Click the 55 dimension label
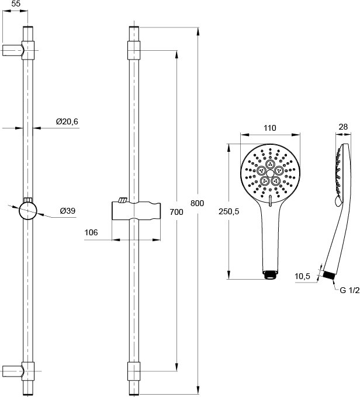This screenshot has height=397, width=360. pyautogui.click(x=16, y=4)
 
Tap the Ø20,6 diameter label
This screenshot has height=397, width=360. pyautogui.click(x=67, y=122)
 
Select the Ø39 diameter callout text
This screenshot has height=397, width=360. pyautogui.click(x=68, y=211)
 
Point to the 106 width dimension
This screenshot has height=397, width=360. pyautogui.click(x=91, y=232)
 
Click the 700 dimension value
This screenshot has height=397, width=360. pyautogui.click(x=176, y=212)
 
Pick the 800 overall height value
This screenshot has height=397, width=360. pyautogui.click(x=197, y=203)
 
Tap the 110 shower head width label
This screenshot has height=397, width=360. pyautogui.click(x=270, y=128)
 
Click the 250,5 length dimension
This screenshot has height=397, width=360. pyautogui.click(x=229, y=211)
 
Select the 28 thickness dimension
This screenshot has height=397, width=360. pyautogui.click(x=343, y=127)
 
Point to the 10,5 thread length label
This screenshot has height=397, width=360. pyautogui.click(x=303, y=276)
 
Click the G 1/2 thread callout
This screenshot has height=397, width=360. pyautogui.click(x=349, y=290)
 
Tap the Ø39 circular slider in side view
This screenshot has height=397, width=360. pyautogui.click(x=28, y=211)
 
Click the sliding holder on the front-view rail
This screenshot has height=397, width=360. pyautogui.click(x=136, y=211)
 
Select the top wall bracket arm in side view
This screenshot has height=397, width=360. pyautogui.click(x=13, y=50)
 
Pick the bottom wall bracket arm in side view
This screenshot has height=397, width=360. pyautogui.click(x=13, y=371)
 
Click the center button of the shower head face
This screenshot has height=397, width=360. pyautogui.click(x=270, y=173)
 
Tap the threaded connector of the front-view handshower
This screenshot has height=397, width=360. pyautogui.click(x=270, y=275)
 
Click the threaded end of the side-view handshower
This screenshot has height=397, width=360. pyautogui.click(x=329, y=275)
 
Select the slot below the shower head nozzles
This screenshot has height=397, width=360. pyautogui.click(x=270, y=200)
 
